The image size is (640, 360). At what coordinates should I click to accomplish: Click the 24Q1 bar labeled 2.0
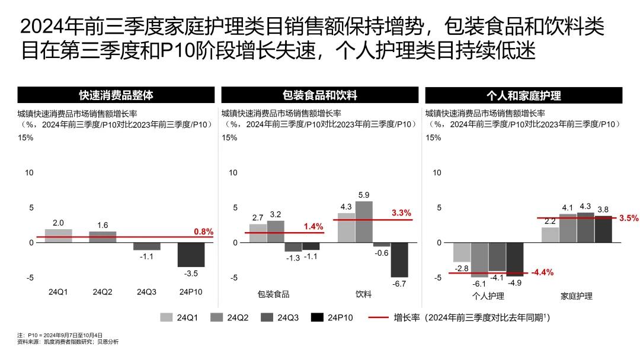[x=58, y=236]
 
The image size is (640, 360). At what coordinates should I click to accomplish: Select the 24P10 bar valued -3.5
[x=191, y=255]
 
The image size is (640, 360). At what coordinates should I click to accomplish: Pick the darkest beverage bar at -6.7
[x=399, y=259]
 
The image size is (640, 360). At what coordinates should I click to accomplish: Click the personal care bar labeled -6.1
[x=479, y=259]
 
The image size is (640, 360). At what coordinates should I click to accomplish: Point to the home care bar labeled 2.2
[x=550, y=235]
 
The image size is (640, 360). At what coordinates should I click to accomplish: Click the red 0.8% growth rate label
[x=203, y=232]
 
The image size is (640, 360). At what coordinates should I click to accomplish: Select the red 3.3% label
[x=401, y=213]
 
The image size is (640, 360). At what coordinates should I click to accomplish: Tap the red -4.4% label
[x=542, y=272]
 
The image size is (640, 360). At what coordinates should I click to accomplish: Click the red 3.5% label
[x=629, y=218]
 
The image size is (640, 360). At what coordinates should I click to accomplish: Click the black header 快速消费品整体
[x=116, y=95]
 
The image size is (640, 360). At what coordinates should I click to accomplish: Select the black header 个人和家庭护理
[x=524, y=95]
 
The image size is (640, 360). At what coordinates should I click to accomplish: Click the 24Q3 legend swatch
[x=268, y=318]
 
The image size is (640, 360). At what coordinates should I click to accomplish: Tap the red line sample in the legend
[x=378, y=318]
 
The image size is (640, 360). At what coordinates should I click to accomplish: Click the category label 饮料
[x=364, y=294]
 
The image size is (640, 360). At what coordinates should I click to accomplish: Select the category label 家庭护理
[x=577, y=295]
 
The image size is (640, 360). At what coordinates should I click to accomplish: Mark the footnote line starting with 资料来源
[x=68, y=342]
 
